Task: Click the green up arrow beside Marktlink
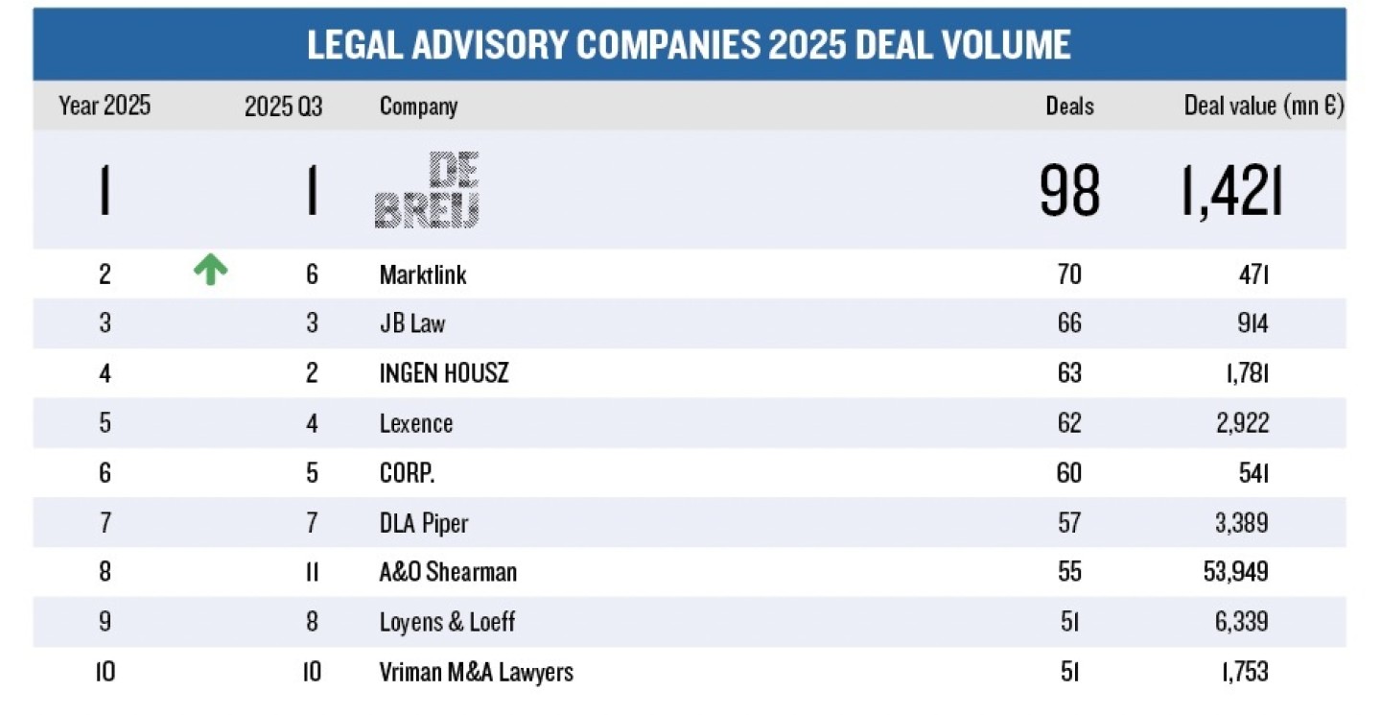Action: pyautogui.click(x=210, y=272)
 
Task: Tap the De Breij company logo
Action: pyautogui.click(x=427, y=190)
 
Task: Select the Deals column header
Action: pyautogui.click(x=1069, y=107)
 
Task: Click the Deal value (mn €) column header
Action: pyautogui.click(x=1263, y=107)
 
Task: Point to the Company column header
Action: pyautogui.click(x=418, y=107)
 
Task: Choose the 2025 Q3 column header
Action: pyautogui.click(x=283, y=107)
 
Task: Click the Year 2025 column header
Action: pyautogui.click(x=105, y=107)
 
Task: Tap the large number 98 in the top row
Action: pyautogui.click(x=1069, y=191)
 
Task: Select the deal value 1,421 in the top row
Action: pyautogui.click(x=1232, y=191)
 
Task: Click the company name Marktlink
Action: pyautogui.click(x=423, y=274)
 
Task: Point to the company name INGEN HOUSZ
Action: pyautogui.click(x=444, y=373)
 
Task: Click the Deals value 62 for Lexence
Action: pyautogui.click(x=1068, y=423)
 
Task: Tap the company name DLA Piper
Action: pyautogui.click(x=424, y=523)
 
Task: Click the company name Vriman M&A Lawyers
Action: pyautogui.click(x=477, y=672)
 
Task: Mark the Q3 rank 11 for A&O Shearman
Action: pyautogui.click(x=311, y=572)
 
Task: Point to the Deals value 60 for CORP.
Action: pyautogui.click(x=1068, y=473)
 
